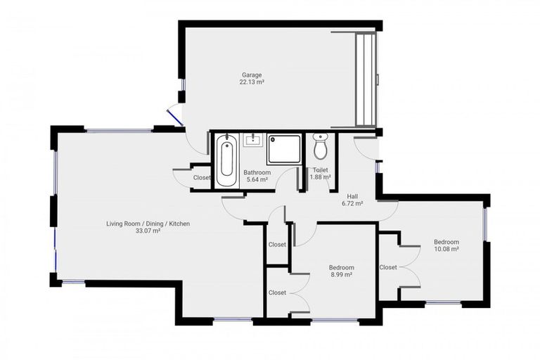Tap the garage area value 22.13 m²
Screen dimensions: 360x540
(252, 82)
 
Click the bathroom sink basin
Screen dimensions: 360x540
(252, 139)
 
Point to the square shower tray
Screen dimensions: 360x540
(283, 149)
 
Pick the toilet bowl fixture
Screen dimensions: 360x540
(321, 147)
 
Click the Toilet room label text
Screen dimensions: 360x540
(321, 169)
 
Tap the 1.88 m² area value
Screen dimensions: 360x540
(321, 177)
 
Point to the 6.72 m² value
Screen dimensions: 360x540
(352, 203)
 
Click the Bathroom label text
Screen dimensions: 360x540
(257, 172)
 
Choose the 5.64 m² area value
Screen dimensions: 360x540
(257, 180)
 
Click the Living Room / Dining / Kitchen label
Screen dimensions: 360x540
(148, 224)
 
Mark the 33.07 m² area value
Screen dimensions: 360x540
(148, 231)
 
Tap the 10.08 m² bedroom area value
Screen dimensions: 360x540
(446, 249)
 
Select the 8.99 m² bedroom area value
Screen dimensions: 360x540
(341, 275)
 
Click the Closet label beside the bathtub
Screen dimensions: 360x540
(202, 178)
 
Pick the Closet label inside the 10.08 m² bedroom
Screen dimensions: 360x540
(388, 267)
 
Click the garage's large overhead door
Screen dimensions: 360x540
(366, 79)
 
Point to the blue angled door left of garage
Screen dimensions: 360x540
(175, 115)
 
